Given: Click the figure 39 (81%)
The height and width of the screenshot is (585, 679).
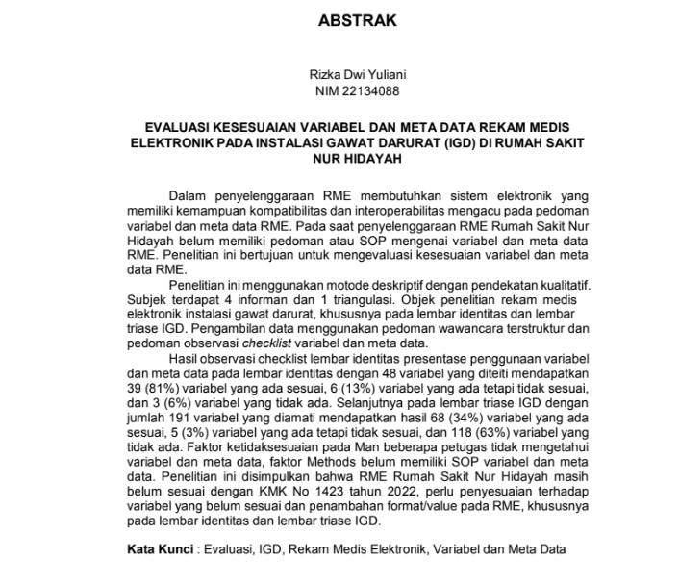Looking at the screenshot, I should (x=157, y=388).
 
